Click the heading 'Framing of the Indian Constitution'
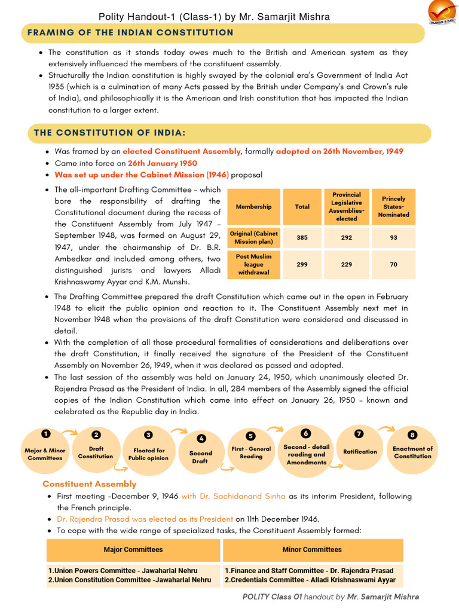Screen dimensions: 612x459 click(134, 33)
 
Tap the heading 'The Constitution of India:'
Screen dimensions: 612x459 click(109, 133)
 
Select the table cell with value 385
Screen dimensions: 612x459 click(302, 237)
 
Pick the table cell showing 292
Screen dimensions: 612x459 click(347, 237)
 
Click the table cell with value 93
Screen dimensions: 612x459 click(393, 237)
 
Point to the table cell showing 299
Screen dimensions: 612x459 click(302, 264)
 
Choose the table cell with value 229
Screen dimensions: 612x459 click(347, 264)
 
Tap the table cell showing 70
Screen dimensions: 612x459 click(393, 264)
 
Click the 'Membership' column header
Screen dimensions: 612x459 click(253, 207)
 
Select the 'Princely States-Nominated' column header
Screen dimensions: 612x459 click(393, 207)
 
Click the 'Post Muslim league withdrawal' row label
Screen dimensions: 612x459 click(253, 264)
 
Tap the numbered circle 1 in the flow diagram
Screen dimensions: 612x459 click(45, 433)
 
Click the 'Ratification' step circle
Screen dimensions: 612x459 click(360, 452)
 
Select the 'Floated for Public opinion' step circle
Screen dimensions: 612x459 click(148, 454)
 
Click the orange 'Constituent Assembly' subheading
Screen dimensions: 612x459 click(89, 484)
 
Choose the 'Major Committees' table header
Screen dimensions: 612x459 click(133, 550)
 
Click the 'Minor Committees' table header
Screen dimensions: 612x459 click(312, 550)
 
